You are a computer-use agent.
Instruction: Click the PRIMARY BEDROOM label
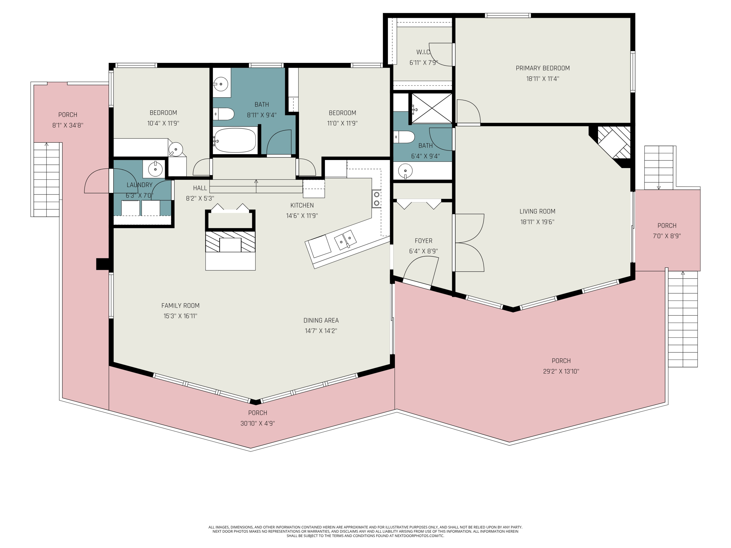pyautogui.click(x=543, y=68)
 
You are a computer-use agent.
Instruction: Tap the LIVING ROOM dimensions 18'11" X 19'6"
pyautogui.click(x=537, y=222)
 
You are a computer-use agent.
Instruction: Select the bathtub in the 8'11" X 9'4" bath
pyautogui.click(x=235, y=140)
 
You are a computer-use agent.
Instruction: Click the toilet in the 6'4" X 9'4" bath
pyautogui.click(x=404, y=137)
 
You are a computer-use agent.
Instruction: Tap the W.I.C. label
pyautogui.click(x=423, y=52)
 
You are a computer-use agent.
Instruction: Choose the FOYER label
pyautogui.click(x=423, y=241)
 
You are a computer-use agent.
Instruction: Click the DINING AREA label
pyautogui.click(x=321, y=321)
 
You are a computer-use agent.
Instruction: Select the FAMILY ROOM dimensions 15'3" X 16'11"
pyautogui.click(x=181, y=316)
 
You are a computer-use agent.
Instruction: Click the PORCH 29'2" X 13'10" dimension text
pyautogui.click(x=561, y=371)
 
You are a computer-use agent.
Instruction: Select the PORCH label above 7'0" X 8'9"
pyautogui.click(x=667, y=226)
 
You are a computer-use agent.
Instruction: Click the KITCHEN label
pyautogui.click(x=302, y=205)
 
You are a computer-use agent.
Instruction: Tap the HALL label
pyautogui.click(x=200, y=188)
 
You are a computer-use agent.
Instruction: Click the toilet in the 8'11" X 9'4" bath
pyautogui.click(x=224, y=114)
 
